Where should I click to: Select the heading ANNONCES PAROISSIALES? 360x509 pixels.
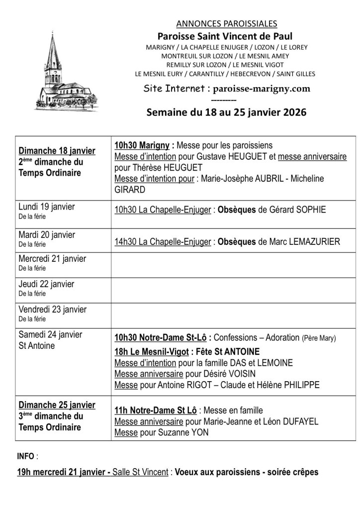(226, 23)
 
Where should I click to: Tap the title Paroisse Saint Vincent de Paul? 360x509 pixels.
(225, 36)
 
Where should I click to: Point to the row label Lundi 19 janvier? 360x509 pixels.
(46, 206)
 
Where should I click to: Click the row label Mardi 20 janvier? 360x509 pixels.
(46, 234)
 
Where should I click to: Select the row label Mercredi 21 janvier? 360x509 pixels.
(52, 259)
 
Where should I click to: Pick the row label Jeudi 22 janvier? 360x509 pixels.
(46, 284)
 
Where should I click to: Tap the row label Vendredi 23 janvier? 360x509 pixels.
(52, 309)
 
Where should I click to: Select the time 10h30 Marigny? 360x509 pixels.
(142, 145)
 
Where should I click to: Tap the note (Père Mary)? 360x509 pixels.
(319, 338)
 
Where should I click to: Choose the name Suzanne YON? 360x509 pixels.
(185, 432)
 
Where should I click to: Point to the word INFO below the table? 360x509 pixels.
(26, 456)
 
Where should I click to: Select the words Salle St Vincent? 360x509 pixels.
(141, 472)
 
